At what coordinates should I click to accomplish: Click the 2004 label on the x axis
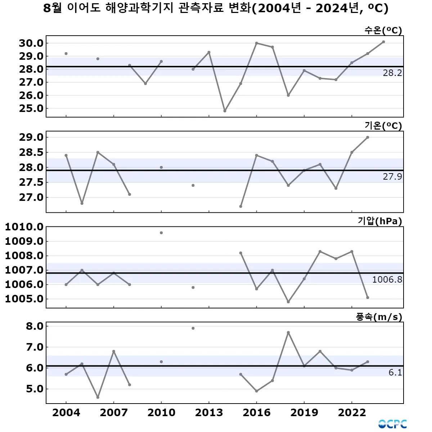coord(66,413)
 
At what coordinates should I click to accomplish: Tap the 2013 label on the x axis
coord(209,413)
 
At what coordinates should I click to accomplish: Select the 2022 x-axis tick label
coord(352,413)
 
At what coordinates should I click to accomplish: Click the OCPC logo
coord(392,424)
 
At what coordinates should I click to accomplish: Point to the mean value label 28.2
coord(392,73)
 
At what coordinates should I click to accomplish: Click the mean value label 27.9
coord(392,177)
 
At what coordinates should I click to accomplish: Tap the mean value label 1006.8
coord(387,280)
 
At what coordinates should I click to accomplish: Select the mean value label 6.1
coord(395,373)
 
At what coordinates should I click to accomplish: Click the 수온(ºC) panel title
coord(383,30)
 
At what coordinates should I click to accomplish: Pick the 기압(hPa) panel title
coord(380,221)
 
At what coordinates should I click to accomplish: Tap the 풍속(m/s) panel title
coord(379,317)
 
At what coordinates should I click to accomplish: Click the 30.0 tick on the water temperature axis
coord(31,43)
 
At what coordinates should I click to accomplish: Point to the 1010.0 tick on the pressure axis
coord(24,227)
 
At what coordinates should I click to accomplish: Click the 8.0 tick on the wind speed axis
coord(35,327)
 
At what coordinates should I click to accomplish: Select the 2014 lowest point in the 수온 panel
coord(225,111)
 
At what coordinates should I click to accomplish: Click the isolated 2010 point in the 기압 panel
coord(161,233)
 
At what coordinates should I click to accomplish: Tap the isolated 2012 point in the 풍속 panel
coord(193,328)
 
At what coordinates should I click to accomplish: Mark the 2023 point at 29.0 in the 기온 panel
coord(368,137)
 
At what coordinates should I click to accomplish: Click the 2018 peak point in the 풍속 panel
coord(288,333)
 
